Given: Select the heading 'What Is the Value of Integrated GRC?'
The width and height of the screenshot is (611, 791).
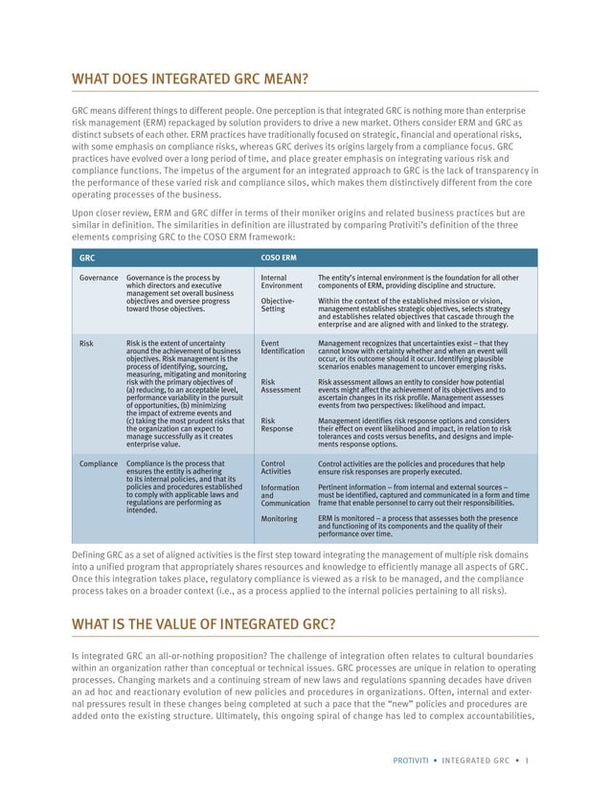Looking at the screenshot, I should [x=203, y=626].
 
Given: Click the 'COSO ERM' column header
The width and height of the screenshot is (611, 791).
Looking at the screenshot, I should [x=279, y=257].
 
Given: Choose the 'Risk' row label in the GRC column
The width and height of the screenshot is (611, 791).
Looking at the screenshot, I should [x=85, y=342].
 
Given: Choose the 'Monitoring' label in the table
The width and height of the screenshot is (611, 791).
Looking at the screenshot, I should [x=281, y=518].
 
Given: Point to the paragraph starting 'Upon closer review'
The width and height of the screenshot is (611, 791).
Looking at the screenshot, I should [x=305, y=224].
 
